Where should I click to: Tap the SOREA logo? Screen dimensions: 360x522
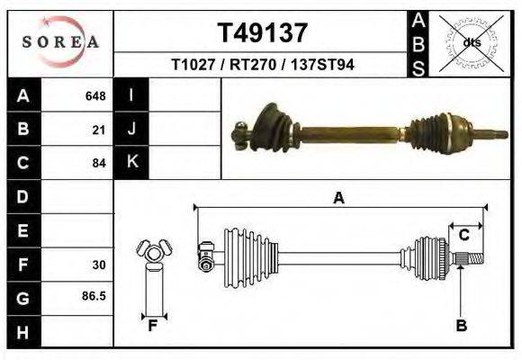point(60,41)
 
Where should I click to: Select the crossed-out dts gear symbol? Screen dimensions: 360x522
point(471,41)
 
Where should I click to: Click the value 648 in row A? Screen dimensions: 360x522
point(95,95)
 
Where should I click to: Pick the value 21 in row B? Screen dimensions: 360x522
point(99,130)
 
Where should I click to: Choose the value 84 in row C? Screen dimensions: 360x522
point(99,164)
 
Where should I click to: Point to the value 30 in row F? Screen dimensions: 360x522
point(99,265)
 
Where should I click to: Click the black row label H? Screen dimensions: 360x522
point(22,333)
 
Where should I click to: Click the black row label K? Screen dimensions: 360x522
point(132,162)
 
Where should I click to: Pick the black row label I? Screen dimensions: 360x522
point(132,95)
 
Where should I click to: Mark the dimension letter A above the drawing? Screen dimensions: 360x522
point(338,198)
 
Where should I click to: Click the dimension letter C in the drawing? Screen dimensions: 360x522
point(464,236)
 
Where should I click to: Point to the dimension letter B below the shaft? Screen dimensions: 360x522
point(461,326)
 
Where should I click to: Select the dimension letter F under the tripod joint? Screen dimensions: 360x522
point(153,326)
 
